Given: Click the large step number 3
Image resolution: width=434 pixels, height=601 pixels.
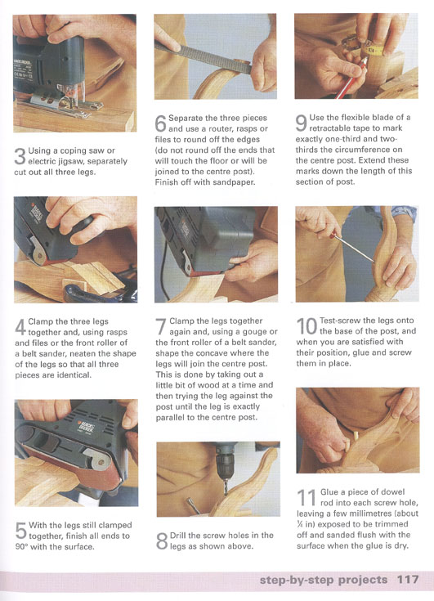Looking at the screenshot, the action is coord(20,156).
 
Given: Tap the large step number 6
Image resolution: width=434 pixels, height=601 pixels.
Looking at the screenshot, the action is coord(160,123).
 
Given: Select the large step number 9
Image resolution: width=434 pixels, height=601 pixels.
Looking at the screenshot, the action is coord(302,123).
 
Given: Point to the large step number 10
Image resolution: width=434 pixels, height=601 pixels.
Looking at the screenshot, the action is coord(307,326).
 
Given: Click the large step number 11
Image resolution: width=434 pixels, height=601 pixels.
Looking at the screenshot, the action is coord(306,497).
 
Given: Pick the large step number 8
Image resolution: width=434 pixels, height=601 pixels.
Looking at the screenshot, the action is coord(162,540).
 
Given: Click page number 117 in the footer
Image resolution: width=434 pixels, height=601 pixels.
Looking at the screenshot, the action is coord(408,579).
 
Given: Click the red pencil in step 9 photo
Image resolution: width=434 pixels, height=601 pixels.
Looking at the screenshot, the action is coord(351,78).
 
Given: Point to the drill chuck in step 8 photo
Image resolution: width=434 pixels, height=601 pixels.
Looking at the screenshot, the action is coord(226,460).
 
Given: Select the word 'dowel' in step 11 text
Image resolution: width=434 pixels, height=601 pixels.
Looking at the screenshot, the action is coord(392,492).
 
